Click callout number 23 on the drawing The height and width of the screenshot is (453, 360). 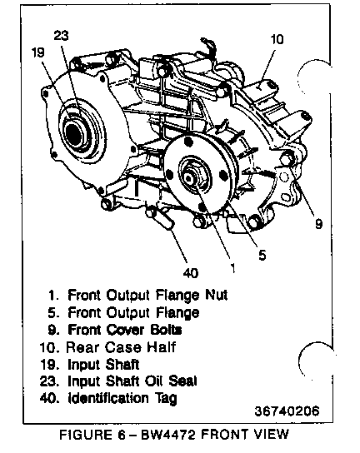[x=62, y=36]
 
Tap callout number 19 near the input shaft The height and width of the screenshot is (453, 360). [x=38, y=52]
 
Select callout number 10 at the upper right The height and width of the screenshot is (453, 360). [x=277, y=39]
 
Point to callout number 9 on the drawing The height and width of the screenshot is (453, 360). [x=318, y=224]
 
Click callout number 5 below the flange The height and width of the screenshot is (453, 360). [x=262, y=255]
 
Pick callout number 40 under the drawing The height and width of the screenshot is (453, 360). [x=191, y=273]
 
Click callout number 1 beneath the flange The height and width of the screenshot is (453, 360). [x=232, y=267]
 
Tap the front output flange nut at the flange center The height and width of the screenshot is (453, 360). [x=190, y=177]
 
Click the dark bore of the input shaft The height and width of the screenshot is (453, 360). [x=74, y=133]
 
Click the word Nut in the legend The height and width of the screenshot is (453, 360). [x=217, y=295]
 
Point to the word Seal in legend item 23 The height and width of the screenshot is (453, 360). [x=182, y=381]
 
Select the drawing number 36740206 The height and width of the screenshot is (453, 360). [x=287, y=411]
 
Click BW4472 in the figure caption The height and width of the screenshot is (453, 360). [x=168, y=435]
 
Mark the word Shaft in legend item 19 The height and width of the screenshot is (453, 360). [x=122, y=364]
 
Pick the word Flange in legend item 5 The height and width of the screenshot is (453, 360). [x=177, y=313]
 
